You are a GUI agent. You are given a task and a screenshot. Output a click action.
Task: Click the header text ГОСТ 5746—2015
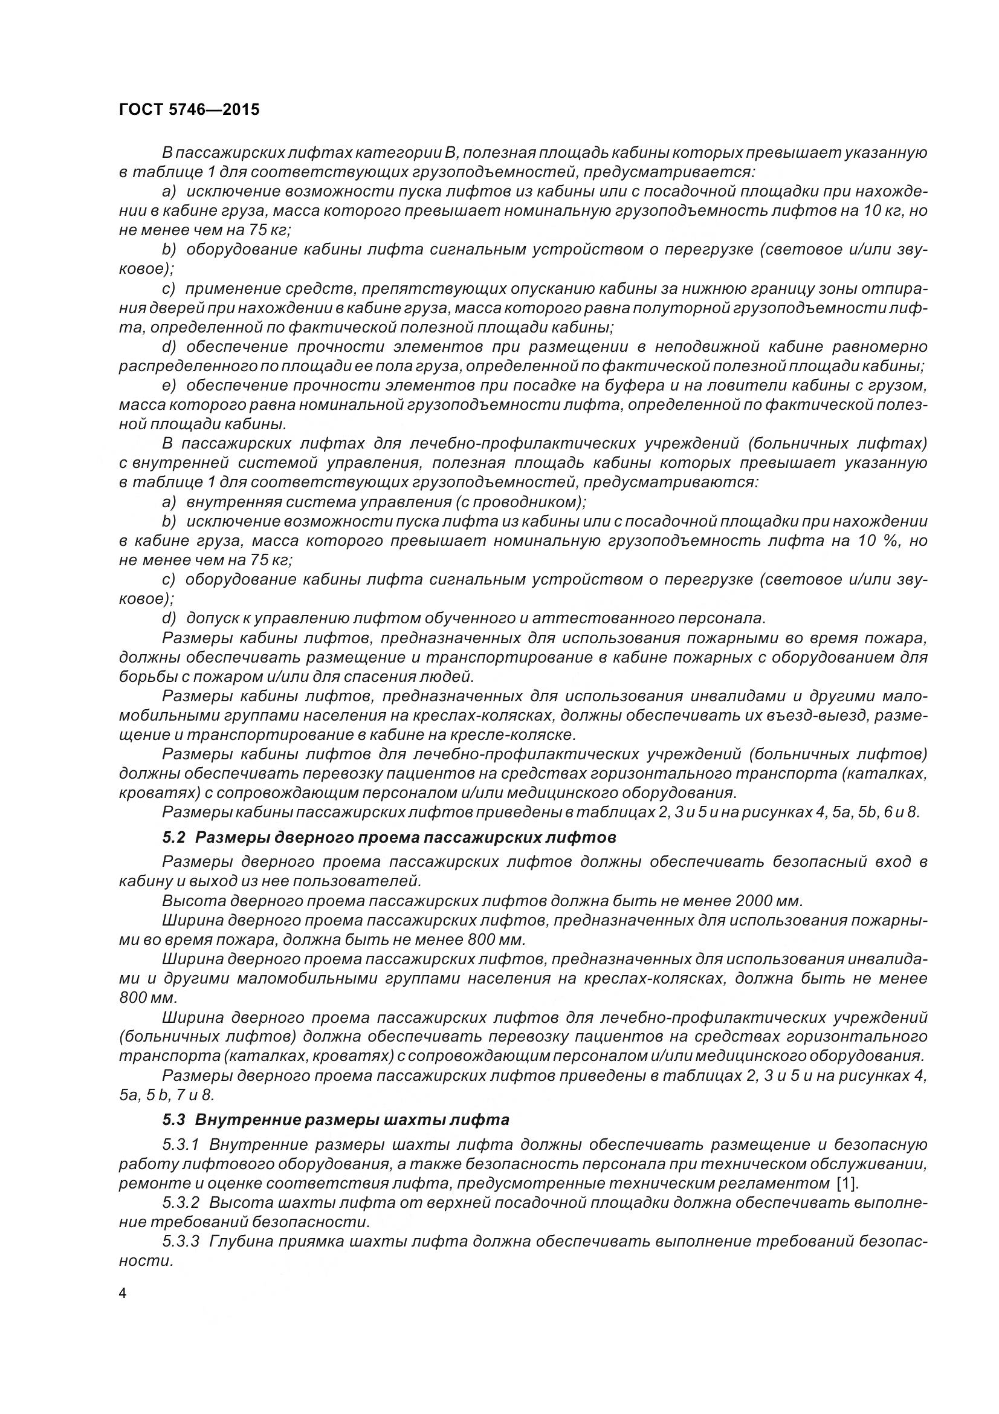point(189,109)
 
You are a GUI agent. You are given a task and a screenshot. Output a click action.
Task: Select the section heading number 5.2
point(176,837)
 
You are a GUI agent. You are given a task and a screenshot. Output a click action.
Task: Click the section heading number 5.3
point(176,1120)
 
